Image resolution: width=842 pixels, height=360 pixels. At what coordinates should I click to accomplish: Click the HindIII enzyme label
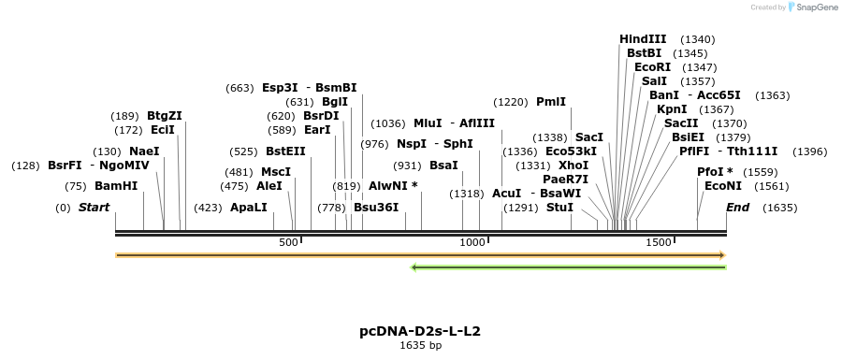(643, 39)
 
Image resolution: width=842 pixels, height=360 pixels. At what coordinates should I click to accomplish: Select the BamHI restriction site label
(116, 186)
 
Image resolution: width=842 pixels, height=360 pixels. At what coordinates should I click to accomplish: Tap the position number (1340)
(698, 39)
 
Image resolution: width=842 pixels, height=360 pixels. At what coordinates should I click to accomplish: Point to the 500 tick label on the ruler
(288, 243)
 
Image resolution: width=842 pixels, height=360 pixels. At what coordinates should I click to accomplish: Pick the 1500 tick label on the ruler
(659, 243)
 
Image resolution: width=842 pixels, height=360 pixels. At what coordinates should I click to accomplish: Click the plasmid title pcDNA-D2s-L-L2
(420, 331)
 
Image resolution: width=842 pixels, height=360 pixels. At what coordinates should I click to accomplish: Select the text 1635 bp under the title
(420, 346)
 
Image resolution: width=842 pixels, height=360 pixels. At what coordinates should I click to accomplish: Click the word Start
(94, 208)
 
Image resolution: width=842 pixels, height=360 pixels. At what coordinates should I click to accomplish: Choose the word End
(737, 208)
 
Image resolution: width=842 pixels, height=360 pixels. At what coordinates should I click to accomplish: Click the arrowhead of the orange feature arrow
(721, 254)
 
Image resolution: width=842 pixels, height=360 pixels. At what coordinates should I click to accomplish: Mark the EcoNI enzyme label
(723, 186)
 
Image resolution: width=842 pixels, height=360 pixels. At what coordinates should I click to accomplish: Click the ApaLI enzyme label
(248, 208)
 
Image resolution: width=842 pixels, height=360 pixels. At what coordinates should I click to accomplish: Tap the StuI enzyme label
(559, 208)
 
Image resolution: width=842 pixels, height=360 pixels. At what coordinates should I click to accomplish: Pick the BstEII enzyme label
(285, 151)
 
